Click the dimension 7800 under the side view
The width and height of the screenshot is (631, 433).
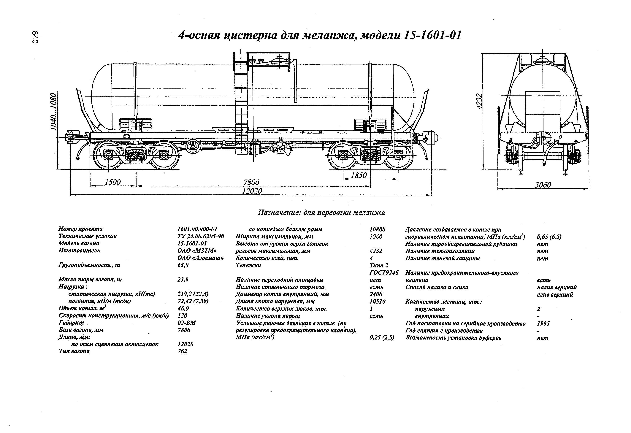(251, 182)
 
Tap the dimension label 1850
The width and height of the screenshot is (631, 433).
(359, 175)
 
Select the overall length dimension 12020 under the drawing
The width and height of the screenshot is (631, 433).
(252, 191)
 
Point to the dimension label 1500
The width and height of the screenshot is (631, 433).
(113, 182)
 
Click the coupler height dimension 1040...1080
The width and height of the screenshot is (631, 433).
(54, 112)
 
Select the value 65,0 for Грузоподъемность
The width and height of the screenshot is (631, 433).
(183, 265)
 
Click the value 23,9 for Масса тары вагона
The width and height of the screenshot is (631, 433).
(183, 279)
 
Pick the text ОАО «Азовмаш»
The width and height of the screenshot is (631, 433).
(201, 258)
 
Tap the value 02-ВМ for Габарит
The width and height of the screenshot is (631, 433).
(187, 323)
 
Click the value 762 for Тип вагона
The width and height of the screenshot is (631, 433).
(182, 351)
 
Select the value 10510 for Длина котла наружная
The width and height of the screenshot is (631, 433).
(377, 301)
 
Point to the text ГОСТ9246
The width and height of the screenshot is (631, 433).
(384, 273)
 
